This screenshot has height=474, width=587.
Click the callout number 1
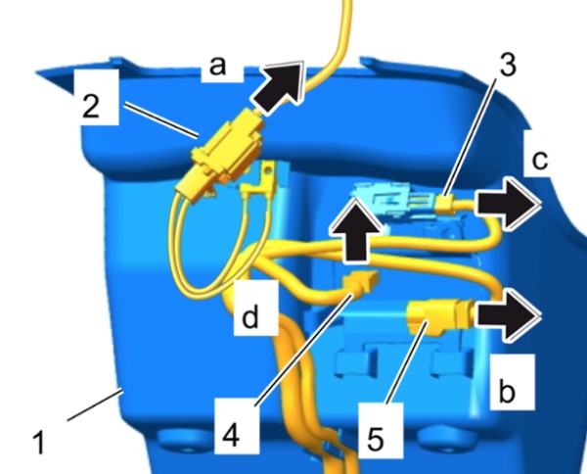39,442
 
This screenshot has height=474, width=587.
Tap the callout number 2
91,106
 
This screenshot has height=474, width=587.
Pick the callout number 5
376,438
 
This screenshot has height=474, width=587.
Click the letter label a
218,66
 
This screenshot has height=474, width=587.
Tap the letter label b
507,391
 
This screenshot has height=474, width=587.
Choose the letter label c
540,160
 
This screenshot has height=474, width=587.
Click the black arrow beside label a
278,87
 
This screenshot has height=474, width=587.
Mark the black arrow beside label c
507,204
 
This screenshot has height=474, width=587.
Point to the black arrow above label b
507,314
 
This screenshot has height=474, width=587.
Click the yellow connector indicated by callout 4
362,282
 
